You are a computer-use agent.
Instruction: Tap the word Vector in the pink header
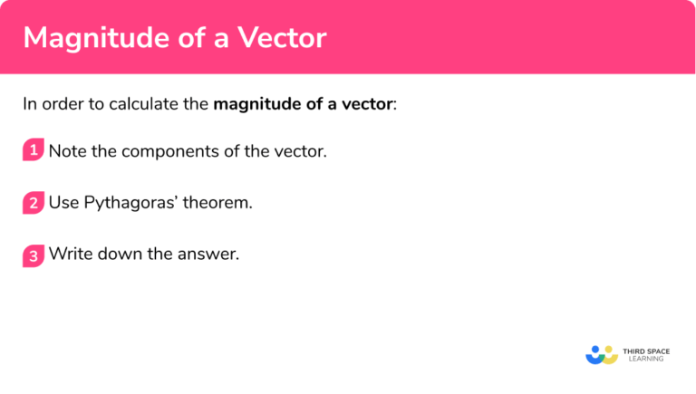click(281, 37)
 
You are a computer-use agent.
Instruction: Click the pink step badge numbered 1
click(34, 151)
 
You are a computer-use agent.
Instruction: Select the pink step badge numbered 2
click(34, 203)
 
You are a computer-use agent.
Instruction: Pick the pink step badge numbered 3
click(34, 255)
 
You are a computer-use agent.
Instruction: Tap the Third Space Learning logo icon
click(601, 352)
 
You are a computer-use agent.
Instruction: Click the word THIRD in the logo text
click(636, 349)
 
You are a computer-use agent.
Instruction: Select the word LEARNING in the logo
click(645, 359)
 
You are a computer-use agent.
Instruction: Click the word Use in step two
click(63, 203)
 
